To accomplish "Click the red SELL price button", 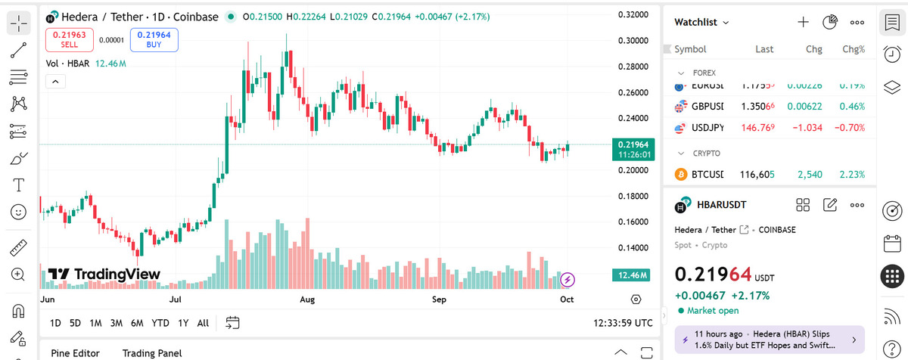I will [70, 39].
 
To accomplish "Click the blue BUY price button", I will [154, 39].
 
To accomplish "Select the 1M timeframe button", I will [95, 323].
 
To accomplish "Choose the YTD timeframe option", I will [160, 323].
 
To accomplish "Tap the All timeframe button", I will [203, 323].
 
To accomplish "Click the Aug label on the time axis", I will [307, 299].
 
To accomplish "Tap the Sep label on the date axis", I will [440, 299].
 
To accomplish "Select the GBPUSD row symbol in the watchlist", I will [707, 107].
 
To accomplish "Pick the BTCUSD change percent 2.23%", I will [851, 175].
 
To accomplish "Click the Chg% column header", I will [853, 49].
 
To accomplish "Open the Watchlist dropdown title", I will [701, 23].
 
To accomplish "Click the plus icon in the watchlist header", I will [803, 22].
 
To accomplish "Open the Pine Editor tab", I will [75, 352].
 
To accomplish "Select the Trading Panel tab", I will [152, 352].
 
